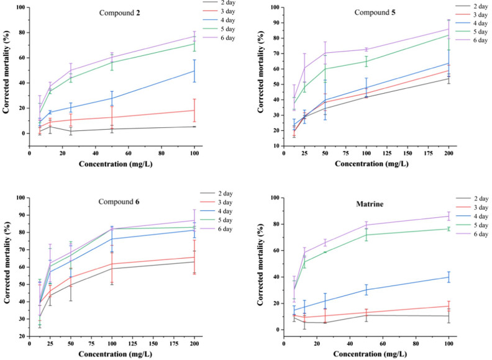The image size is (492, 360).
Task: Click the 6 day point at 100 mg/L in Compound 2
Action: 194,36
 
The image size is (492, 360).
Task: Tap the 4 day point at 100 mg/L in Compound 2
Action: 194,71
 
